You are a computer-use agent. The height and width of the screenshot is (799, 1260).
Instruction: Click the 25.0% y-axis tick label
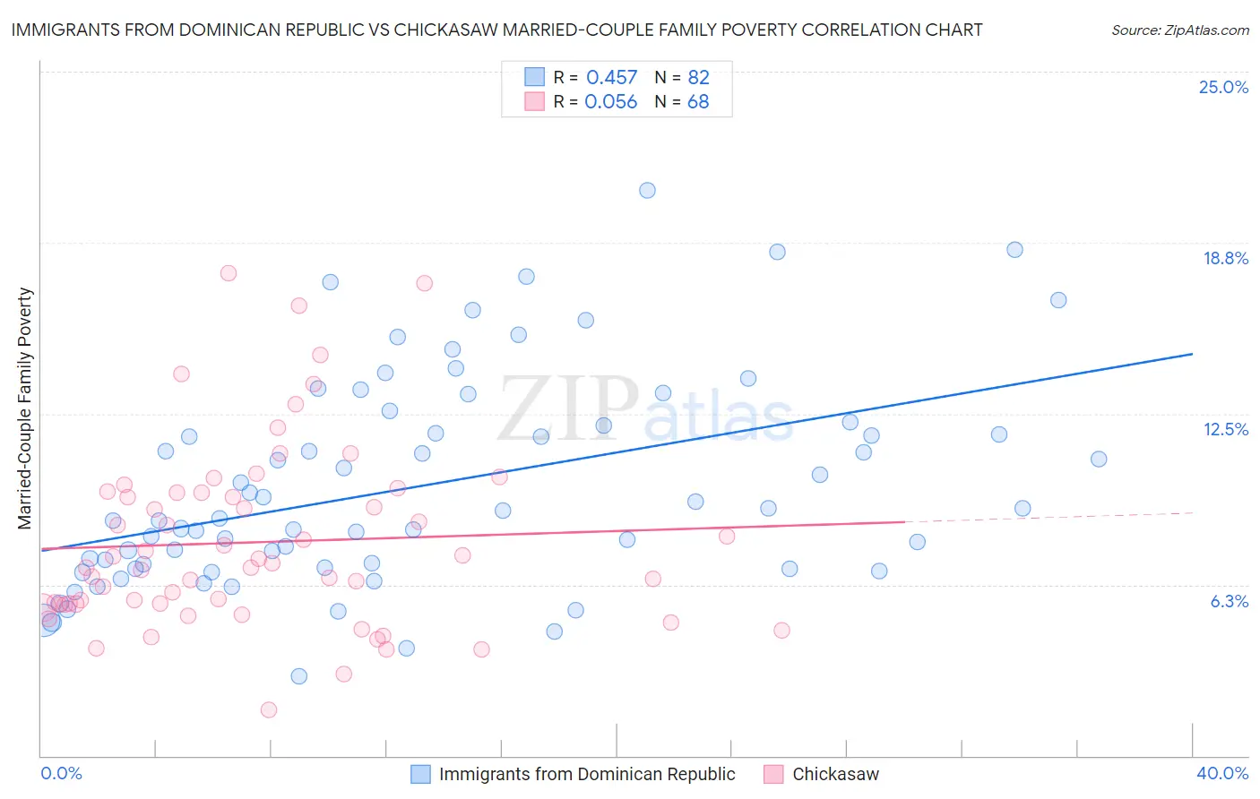click(x=1223, y=87)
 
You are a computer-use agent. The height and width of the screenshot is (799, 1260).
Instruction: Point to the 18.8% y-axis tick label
click(x=1225, y=258)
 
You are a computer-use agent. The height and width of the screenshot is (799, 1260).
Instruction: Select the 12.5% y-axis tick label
click(x=1225, y=429)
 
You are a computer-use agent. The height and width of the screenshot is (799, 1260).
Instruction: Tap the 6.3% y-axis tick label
click(x=1229, y=601)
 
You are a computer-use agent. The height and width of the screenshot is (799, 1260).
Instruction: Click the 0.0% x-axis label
click(x=61, y=773)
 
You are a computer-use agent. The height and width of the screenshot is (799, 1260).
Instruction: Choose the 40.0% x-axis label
click(x=1221, y=773)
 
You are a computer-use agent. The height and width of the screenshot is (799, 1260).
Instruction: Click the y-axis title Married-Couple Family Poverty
click(x=25, y=408)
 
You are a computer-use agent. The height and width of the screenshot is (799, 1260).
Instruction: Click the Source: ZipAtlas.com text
click(x=1179, y=30)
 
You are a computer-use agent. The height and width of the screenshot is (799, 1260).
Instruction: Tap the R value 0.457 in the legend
click(x=611, y=78)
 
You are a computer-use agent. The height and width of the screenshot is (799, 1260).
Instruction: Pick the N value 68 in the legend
click(x=698, y=102)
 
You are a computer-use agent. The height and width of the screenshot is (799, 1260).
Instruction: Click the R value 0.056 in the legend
click(x=610, y=102)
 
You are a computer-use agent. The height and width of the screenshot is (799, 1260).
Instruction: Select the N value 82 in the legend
click(x=698, y=78)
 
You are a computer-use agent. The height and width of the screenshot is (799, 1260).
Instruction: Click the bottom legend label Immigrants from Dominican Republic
click(x=587, y=774)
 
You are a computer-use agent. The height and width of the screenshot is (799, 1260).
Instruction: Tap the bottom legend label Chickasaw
click(x=835, y=774)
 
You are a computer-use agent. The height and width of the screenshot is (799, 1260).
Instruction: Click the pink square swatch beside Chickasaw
click(x=773, y=774)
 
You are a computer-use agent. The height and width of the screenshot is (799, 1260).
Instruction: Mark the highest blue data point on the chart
click(x=647, y=190)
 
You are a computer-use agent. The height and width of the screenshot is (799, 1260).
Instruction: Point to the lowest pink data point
click(x=269, y=710)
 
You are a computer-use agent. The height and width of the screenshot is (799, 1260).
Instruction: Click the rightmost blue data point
click(x=1099, y=459)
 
